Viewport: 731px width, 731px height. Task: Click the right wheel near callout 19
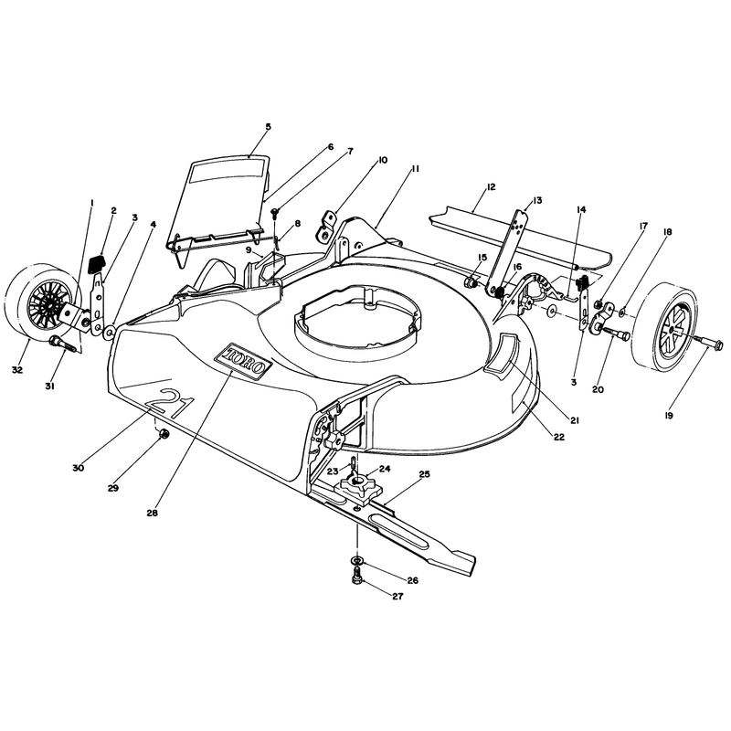coord(665,330)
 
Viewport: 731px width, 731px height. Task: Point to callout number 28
coord(152,513)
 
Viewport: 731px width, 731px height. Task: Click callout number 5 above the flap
coord(268,126)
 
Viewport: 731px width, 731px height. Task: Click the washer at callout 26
coord(356,559)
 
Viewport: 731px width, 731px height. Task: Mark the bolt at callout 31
coord(62,345)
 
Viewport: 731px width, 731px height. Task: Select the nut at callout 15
coord(471,282)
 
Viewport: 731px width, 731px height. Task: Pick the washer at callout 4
coord(110,332)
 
